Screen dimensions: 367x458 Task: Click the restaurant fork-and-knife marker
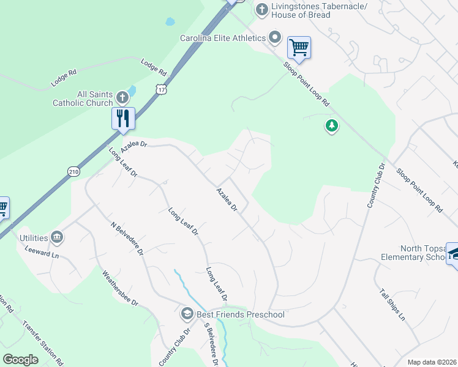click(123, 117)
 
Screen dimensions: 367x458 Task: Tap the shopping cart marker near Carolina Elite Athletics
click(299, 47)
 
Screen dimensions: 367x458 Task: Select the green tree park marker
click(332, 126)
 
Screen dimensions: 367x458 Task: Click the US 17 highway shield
click(161, 89)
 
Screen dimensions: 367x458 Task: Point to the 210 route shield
click(73, 172)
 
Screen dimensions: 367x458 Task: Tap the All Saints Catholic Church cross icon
click(122, 97)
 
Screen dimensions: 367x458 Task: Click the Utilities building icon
click(57, 237)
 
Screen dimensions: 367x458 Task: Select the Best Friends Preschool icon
click(187, 314)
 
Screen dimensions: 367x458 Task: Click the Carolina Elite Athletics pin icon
click(275, 38)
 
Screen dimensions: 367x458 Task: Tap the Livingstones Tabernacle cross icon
click(261, 9)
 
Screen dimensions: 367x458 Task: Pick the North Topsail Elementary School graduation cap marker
click(453, 253)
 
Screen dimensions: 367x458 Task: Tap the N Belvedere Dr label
click(127, 238)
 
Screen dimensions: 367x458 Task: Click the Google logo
click(20, 360)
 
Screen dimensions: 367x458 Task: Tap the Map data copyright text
click(432, 362)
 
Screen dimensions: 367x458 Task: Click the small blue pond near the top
click(170, 22)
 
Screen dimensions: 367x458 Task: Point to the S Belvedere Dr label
click(212, 344)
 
